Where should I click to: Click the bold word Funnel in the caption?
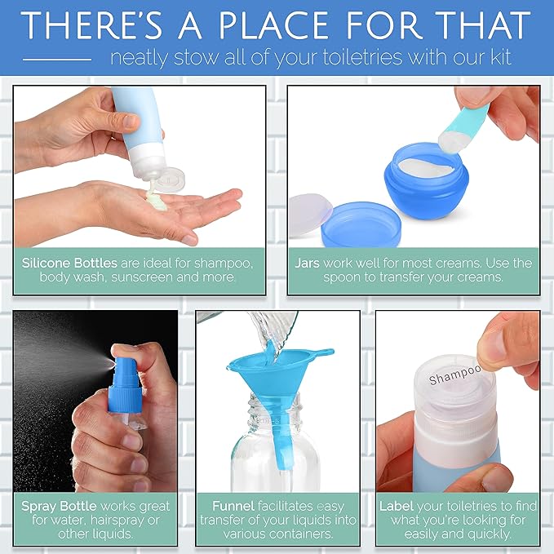(x=233, y=506)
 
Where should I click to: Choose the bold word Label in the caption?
(x=397, y=506)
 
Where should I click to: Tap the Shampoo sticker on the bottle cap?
(x=454, y=376)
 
